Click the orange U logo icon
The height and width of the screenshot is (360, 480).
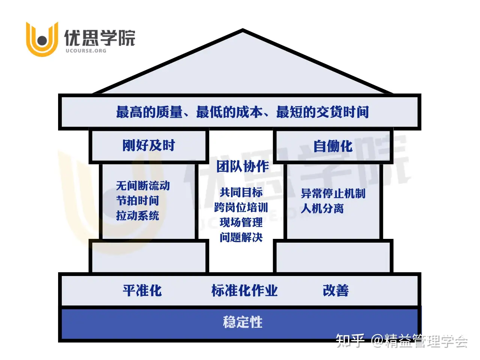click(x=42, y=39)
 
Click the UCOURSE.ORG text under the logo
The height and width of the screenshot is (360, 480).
click(x=85, y=51)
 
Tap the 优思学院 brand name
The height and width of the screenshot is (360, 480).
click(x=99, y=37)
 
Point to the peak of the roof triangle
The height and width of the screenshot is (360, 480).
click(x=243, y=31)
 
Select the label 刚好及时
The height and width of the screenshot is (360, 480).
click(x=148, y=145)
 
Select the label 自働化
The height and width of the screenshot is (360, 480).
click(x=333, y=146)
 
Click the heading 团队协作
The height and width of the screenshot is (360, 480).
click(x=243, y=166)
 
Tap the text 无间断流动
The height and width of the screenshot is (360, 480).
click(x=143, y=186)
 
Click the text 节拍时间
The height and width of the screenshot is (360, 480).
click(x=138, y=201)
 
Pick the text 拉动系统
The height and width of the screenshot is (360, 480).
click(x=138, y=216)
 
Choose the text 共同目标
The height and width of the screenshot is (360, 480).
click(x=241, y=192)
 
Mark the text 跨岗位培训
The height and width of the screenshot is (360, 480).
click(x=241, y=207)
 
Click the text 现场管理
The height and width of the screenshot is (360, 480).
click(x=241, y=222)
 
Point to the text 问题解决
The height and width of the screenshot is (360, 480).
click(x=241, y=237)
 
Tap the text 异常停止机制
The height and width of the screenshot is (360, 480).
click(x=333, y=193)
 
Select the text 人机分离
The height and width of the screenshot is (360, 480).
click(x=322, y=208)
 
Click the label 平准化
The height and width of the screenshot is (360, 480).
click(x=142, y=291)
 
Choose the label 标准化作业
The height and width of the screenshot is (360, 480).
click(x=244, y=291)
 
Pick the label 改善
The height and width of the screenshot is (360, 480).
click(x=336, y=291)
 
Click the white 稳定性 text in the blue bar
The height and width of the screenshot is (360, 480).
click(x=243, y=322)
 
